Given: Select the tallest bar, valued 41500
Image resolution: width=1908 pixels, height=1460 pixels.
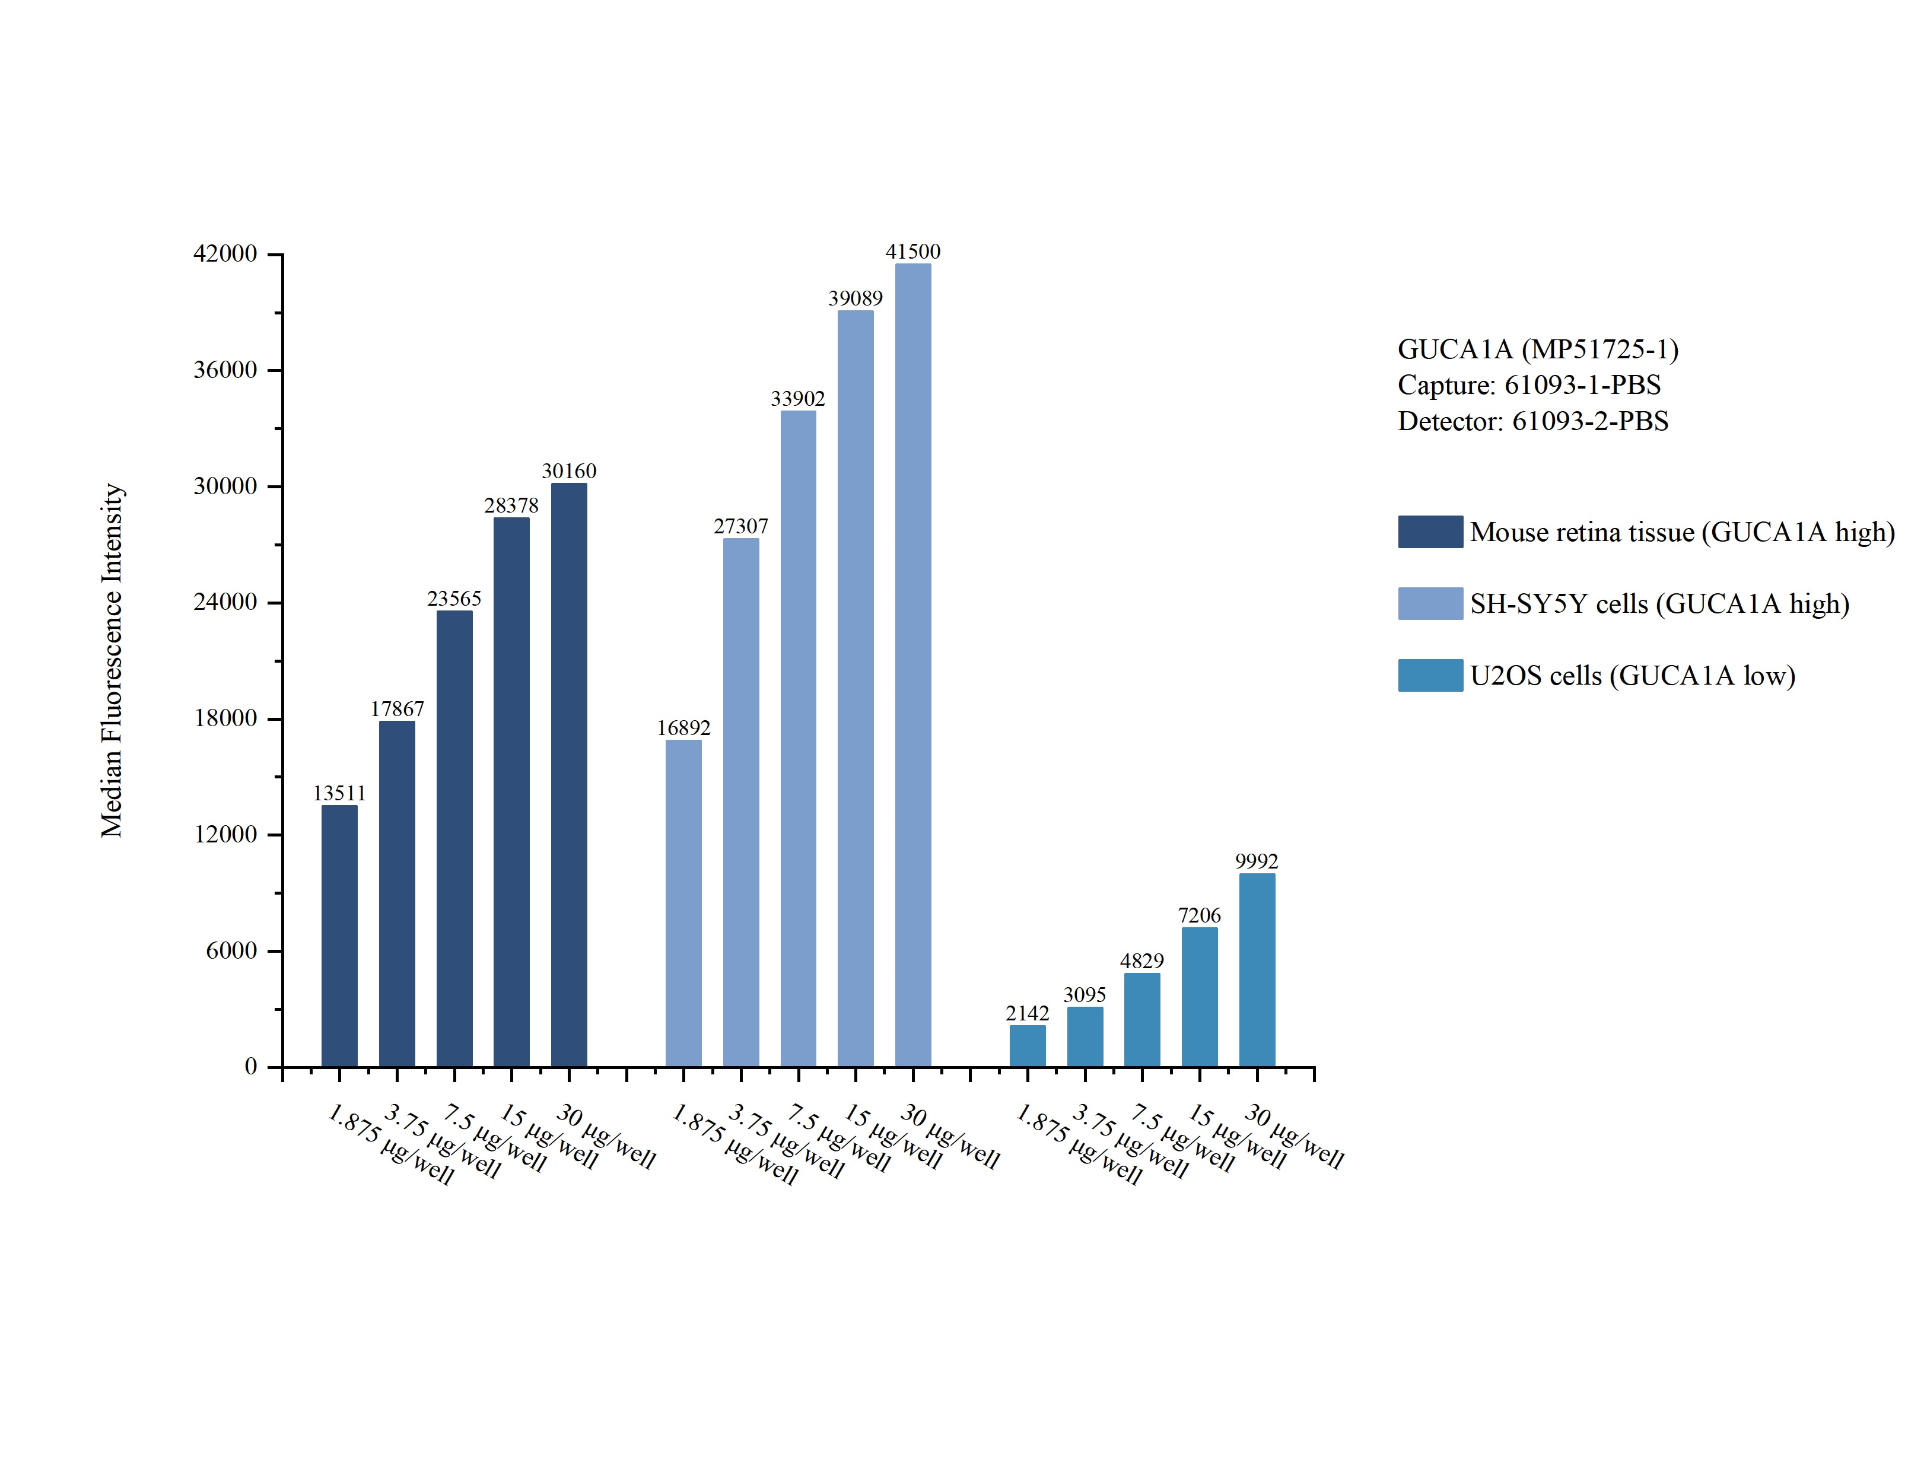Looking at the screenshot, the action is [912, 665].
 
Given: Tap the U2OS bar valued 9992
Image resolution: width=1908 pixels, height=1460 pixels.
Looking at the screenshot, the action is [1257, 970].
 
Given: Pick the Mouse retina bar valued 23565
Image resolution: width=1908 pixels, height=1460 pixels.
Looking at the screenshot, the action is [454, 839].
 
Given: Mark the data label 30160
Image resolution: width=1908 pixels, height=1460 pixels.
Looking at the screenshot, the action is [569, 471].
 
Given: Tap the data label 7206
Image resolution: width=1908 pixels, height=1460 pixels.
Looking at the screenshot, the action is [1199, 915].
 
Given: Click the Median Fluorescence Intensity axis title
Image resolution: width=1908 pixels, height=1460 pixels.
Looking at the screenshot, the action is [112, 660].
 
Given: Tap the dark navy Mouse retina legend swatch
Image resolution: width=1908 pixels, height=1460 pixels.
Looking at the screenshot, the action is [1430, 532].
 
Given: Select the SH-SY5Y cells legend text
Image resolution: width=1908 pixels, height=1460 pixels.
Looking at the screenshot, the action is [1659, 604].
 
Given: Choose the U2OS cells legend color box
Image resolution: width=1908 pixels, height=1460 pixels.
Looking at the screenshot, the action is [1430, 675].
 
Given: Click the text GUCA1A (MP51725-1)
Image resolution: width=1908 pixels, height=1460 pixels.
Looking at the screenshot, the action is [1538, 349].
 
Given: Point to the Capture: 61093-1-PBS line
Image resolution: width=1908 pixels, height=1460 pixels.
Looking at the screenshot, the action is [1529, 385].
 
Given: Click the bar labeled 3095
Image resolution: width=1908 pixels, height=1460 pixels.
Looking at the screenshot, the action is [1085, 1037].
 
